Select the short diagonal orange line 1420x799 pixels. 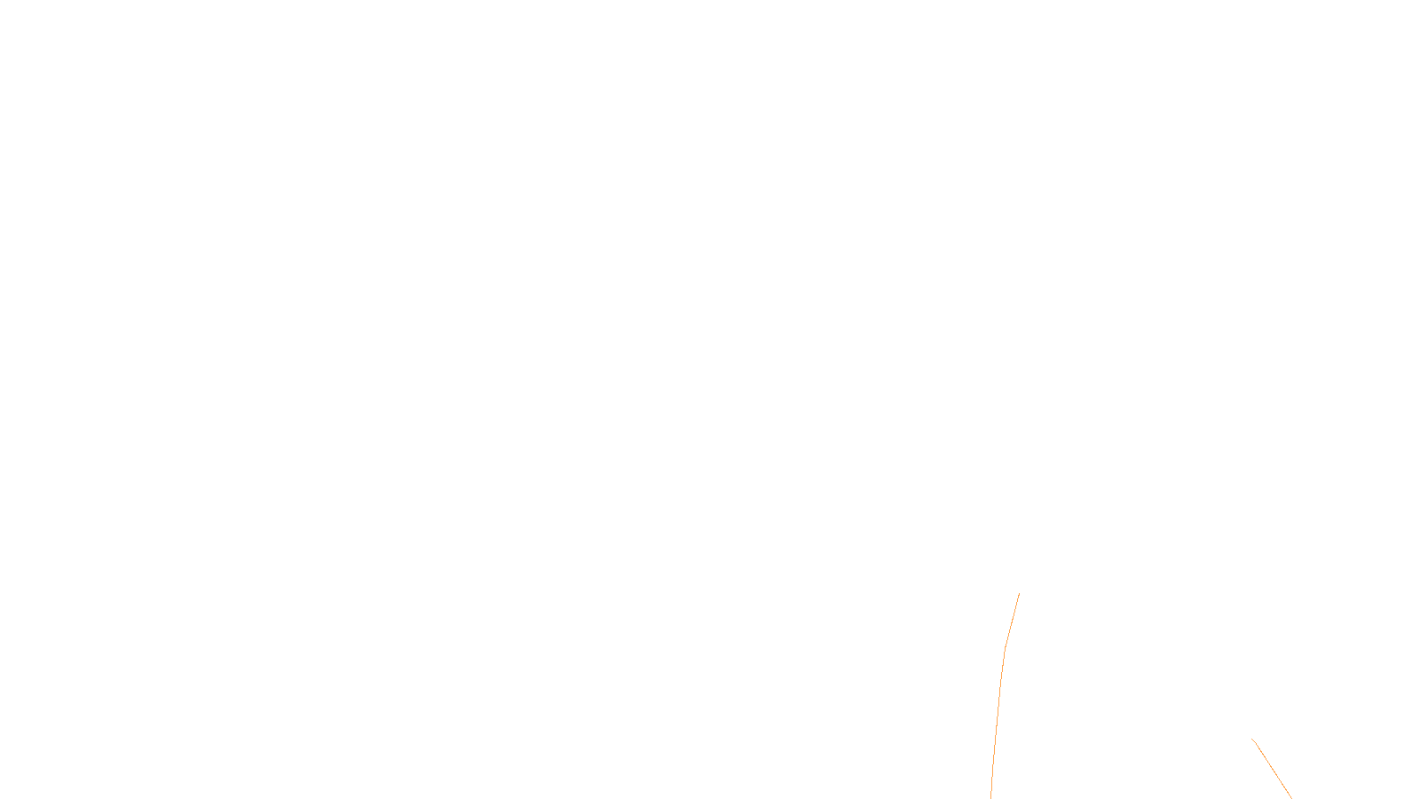1272,769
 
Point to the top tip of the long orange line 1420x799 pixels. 1019,594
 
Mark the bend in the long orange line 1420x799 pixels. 1005,649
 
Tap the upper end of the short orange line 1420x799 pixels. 1252,739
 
